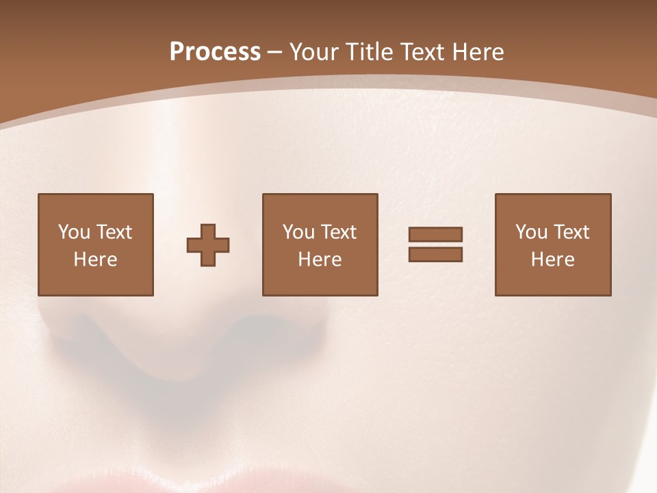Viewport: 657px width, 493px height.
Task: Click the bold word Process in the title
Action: click(x=215, y=52)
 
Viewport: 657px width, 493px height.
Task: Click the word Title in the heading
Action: click(x=372, y=52)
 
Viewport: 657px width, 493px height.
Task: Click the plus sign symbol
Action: click(x=208, y=245)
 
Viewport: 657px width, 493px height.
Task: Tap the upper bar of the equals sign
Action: click(x=435, y=234)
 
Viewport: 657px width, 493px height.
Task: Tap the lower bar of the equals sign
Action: click(x=435, y=254)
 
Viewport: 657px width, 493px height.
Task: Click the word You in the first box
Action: click(x=74, y=232)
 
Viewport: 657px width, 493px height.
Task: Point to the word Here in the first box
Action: click(x=96, y=260)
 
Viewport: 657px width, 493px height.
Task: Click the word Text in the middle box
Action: click(x=339, y=232)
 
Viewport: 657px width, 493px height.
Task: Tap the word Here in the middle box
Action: click(x=320, y=260)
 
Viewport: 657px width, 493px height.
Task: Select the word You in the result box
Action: click(x=531, y=232)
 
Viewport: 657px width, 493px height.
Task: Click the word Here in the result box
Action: click(x=553, y=260)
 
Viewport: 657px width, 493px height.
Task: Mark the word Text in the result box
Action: click(x=571, y=232)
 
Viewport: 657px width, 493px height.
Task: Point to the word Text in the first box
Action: click(x=114, y=232)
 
